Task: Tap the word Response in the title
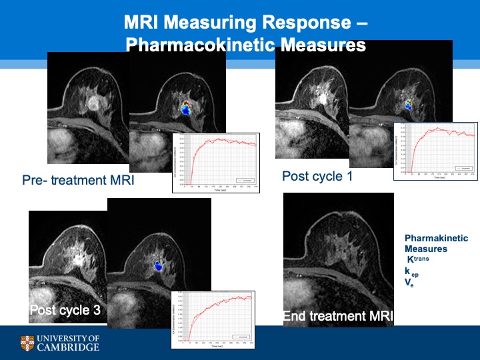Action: click(296, 23)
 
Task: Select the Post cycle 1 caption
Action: click(316, 177)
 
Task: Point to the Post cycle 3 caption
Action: click(65, 310)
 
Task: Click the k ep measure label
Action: click(411, 272)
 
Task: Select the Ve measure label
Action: click(409, 283)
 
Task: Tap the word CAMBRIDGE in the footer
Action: click(69, 347)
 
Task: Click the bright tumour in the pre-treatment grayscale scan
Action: click(93, 103)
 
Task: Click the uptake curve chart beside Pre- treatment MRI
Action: click(215, 163)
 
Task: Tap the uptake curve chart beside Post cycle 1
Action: click(435, 151)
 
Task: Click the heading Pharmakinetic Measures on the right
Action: click(436, 243)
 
